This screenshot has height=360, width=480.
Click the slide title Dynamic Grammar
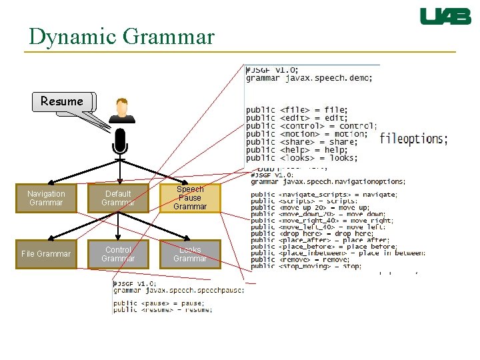[121, 36]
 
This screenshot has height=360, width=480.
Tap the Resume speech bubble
[62, 101]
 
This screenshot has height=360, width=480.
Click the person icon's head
[122, 107]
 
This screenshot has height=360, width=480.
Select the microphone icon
[120, 141]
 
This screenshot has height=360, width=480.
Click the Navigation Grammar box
[47, 198]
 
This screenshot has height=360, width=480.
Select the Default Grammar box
[118, 198]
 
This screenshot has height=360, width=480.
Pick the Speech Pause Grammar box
[190, 198]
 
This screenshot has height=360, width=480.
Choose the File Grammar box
[47, 254]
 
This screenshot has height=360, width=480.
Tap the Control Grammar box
[118, 254]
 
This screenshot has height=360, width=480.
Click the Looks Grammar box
[190, 254]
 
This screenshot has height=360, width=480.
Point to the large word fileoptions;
[413, 139]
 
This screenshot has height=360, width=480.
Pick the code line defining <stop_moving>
[306, 266]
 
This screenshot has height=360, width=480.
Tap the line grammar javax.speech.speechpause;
[179, 289]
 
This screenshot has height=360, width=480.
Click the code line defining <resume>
[163, 309]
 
